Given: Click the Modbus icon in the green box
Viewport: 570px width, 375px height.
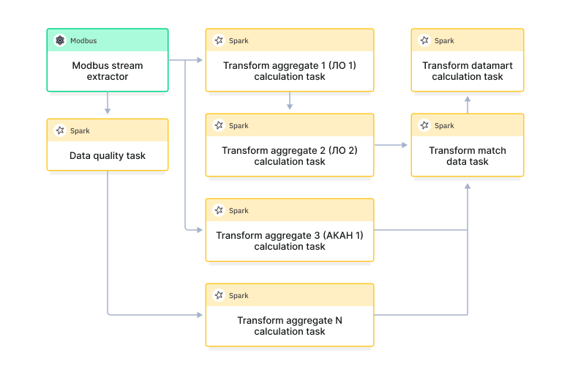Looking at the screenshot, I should pyautogui.click(x=59, y=40).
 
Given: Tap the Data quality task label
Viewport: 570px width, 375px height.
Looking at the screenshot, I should pyautogui.click(x=108, y=155).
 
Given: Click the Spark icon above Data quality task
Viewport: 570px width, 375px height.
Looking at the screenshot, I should pyautogui.click(x=59, y=130).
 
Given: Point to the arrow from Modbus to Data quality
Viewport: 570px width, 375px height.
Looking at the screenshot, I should pyautogui.click(x=108, y=103).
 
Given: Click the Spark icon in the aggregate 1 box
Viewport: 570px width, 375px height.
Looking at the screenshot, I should pyautogui.click(x=218, y=40).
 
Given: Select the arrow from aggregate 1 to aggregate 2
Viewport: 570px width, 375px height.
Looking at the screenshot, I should pyautogui.click(x=290, y=101).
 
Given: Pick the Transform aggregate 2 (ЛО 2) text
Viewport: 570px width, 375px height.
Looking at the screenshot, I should pyautogui.click(x=290, y=150).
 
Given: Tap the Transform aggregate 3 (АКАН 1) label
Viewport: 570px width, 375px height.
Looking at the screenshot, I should pyautogui.click(x=290, y=235).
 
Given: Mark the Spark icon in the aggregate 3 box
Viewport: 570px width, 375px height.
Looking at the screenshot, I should pyautogui.click(x=218, y=210).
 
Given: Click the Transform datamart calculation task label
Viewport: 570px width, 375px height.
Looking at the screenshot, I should pyautogui.click(x=468, y=70).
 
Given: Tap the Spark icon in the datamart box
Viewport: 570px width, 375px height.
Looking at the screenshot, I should pyautogui.click(x=424, y=40).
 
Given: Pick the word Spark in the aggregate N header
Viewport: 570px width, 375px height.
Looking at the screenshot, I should pyautogui.click(x=239, y=296).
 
